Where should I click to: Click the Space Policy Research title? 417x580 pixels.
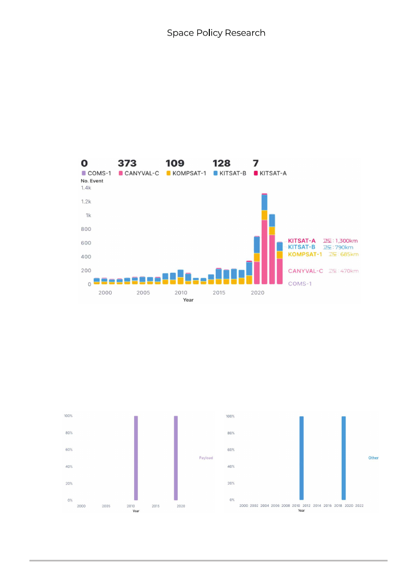click(216, 33)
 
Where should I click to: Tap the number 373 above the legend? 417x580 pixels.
click(127, 163)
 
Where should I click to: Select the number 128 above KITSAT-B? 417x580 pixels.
click(221, 163)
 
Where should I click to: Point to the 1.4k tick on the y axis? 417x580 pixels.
click(86, 188)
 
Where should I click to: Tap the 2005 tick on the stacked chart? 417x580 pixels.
click(143, 293)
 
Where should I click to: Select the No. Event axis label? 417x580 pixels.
click(92, 181)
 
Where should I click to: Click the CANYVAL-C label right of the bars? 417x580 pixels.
click(305, 271)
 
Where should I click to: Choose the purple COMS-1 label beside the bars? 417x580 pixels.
click(300, 284)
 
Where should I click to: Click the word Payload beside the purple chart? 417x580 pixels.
click(206, 458)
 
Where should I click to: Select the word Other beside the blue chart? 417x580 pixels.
click(373, 458)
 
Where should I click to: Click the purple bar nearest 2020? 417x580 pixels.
click(176, 458)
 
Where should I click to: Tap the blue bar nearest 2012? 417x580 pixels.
click(301, 458)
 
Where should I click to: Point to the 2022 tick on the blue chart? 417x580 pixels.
click(359, 506)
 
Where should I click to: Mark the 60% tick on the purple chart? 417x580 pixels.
click(69, 450)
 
